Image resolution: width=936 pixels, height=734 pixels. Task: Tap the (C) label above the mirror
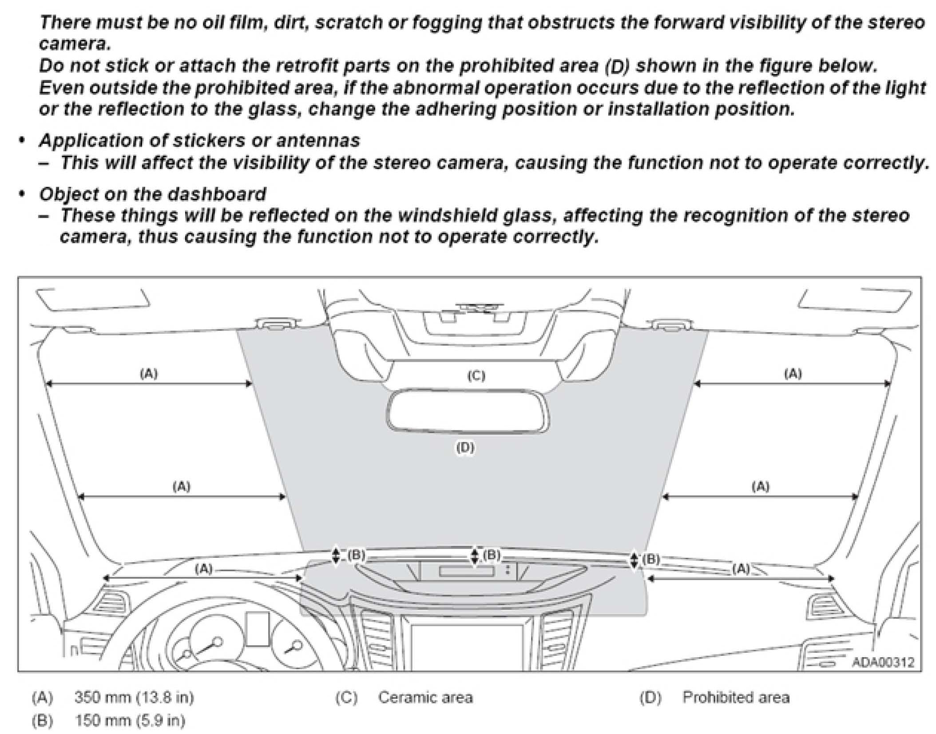[x=476, y=376]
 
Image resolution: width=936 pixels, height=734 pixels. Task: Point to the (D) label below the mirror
[x=465, y=448]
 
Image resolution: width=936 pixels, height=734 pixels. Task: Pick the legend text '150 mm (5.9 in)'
[x=130, y=720]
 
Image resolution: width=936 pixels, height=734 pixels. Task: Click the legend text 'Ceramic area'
[x=425, y=698]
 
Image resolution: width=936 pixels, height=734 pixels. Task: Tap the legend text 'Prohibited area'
[x=736, y=698]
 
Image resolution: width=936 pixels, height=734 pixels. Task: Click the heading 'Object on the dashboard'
[x=153, y=194]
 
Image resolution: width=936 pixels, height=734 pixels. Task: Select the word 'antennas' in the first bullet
[x=317, y=141]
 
